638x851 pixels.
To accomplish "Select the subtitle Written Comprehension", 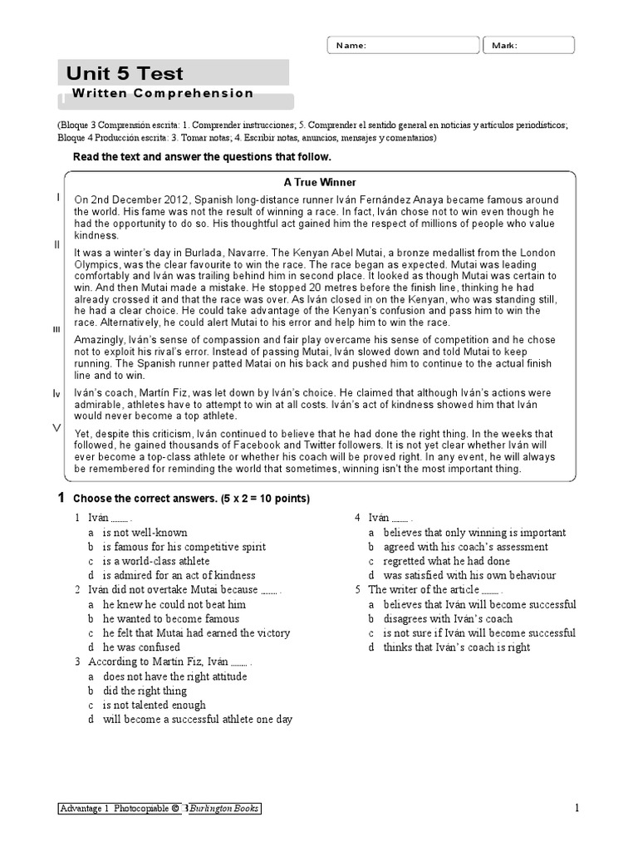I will [163, 94].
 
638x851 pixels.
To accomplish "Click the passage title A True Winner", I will [320, 182].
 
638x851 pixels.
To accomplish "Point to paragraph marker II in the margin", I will [57, 244].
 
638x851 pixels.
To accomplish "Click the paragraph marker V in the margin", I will [56, 427].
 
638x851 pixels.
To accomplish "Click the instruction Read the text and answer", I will [202, 157].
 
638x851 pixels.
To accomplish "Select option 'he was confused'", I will [141, 647].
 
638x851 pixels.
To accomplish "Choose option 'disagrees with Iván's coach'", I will [448, 618].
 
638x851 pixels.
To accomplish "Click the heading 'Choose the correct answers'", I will [191, 499].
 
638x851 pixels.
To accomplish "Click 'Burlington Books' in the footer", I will [226, 809].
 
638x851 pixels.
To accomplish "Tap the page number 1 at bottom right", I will [576, 809].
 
